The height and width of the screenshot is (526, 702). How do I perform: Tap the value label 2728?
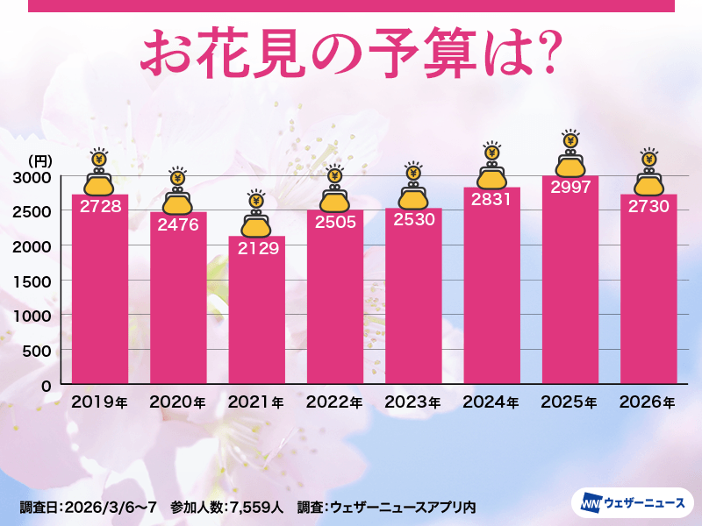click(100, 207)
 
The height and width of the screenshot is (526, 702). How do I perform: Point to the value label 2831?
click(491, 200)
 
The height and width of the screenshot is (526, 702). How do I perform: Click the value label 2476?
click(178, 224)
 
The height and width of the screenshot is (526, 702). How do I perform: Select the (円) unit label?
click(40, 160)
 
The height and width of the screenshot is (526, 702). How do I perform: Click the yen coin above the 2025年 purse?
click(569, 140)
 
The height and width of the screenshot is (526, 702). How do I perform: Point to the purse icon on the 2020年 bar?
click(178, 201)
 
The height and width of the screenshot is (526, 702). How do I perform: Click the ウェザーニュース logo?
click(633, 503)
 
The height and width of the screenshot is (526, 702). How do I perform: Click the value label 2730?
click(648, 207)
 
